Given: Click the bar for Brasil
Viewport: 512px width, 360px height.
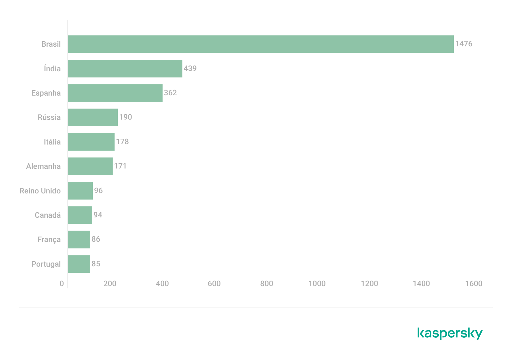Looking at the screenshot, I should click(x=260, y=44).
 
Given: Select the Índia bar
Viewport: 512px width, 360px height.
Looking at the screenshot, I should click(x=125, y=68).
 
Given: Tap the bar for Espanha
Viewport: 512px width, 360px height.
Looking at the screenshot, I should click(x=115, y=93).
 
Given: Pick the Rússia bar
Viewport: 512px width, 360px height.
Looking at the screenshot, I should click(x=92, y=117).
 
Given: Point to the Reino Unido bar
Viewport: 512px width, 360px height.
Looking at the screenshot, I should click(x=80, y=191).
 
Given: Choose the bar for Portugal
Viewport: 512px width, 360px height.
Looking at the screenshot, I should click(x=79, y=264).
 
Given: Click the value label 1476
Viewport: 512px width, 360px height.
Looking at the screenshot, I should click(x=463, y=44).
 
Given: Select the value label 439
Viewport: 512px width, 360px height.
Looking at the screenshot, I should click(x=190, y=68).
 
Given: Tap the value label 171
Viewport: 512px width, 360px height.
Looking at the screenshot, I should click(x=120, y=166).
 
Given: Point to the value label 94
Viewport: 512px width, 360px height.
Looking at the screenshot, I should click(x=98, y=215).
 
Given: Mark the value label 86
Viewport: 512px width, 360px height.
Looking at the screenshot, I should click(x=96, y=239).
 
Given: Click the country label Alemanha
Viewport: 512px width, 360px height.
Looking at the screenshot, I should click(x=43, y=166).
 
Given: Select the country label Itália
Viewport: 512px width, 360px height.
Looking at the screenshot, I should click(x=52, y=142).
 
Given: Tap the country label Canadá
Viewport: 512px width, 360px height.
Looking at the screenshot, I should click(x=48, y=215).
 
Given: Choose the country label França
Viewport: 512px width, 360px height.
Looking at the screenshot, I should click(x=49, y=240).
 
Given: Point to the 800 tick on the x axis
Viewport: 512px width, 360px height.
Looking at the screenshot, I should click(x=267, y=284).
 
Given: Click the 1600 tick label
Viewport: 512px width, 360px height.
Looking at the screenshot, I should click(x=474, y=284).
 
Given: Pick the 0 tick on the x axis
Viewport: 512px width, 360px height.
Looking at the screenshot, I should click(x=62, y=284).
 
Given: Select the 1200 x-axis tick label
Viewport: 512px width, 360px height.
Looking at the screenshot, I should click(x=369, y=284).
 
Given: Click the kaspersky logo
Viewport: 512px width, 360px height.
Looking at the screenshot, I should click(x=450, y=333).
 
